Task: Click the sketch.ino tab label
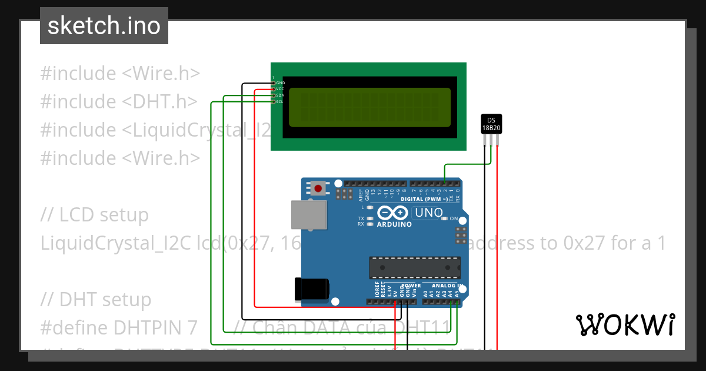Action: coord(104,26)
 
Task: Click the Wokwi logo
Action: coord(625,325)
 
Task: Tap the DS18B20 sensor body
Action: coord(491,124)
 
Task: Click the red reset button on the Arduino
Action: coord(318,188)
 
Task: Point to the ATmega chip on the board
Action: coord(415,267)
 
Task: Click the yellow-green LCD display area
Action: coord(369,107)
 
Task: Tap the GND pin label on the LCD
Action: coord(280,83)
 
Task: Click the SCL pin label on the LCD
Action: coord(280,101)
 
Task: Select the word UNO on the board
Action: coord(429,213)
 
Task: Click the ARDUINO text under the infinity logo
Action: coord(394,224)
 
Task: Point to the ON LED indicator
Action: coord(445,218)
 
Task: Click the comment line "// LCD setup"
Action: coord(95,215)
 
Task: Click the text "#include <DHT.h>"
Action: coord(118,102)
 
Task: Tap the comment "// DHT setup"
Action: coord(96,300)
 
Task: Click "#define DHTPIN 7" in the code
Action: coord(118,327)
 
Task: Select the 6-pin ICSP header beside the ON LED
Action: coord(461,236)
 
